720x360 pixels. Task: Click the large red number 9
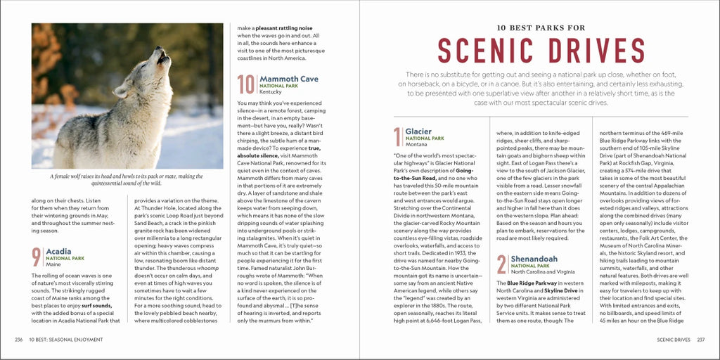[37, 257]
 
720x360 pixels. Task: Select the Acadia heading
[59, 251]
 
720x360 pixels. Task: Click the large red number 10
[246, 84]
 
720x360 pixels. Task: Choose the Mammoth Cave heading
[288, 79]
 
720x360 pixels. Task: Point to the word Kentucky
[271, 92]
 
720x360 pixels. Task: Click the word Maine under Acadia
[53, 264]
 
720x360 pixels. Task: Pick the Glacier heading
[418, 131]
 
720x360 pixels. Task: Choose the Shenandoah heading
[534, 259]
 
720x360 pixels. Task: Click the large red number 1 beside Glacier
[398, 137]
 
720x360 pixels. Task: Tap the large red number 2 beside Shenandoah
[501, 264]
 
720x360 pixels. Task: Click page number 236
[18, 340]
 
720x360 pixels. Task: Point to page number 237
[700, 340]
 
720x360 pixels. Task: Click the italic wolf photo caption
[127, 179]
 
